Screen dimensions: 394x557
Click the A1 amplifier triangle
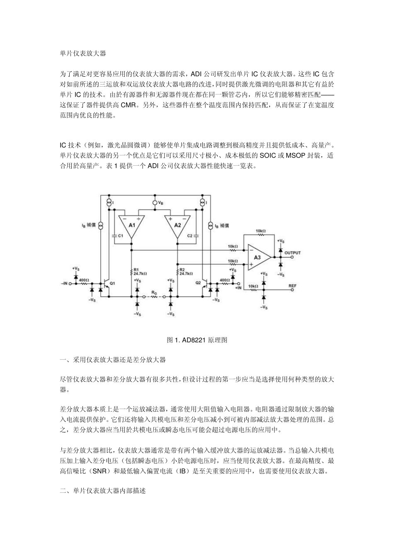[x=131, y=226]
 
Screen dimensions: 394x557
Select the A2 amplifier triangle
[x=178, y=226]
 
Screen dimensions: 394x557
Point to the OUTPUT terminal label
[x=293, y=253]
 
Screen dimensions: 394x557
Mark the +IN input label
[x=238, y=287]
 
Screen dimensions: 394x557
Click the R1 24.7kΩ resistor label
[x=140, y=271]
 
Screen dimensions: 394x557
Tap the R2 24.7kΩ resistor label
[x=186, y=271]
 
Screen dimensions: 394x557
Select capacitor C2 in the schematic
[x=194, y=235]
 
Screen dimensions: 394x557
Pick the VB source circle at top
[x=155, y=203]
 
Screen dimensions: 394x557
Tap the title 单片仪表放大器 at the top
[x=83, y=53]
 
